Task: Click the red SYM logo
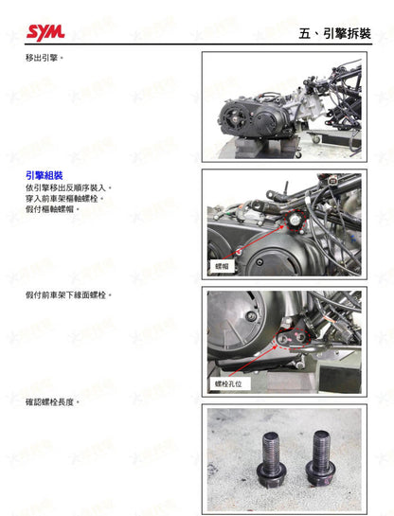point(45,32)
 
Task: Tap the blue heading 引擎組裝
point(45,176)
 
